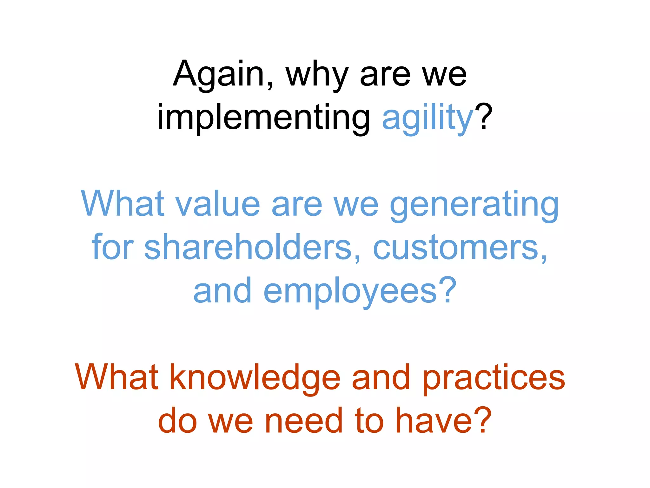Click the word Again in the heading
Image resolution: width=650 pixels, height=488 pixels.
pos(218,74)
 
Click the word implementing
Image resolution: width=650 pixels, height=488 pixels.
pos(263,118)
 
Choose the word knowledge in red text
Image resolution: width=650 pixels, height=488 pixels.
pos(255,379)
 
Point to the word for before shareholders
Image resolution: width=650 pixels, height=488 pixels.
pos(112,247)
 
